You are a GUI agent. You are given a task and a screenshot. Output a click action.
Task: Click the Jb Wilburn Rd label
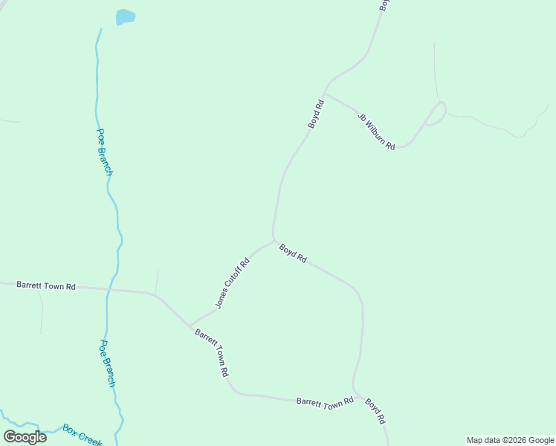pyautogui.click(x=376, y=129)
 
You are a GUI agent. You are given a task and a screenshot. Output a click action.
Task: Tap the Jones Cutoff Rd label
pyautogui.click(x=232, y=283)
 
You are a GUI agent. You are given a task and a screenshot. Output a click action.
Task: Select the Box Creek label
pyautogui.click(x=82, y=434)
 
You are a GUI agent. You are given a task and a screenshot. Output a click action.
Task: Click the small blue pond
pyautogui.click(x=126, y=16)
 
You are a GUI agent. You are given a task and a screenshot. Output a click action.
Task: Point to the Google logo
pyautogui.click(x=25, y=436)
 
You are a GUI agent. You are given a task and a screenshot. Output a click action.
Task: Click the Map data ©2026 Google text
pyautogui.click(x=510, y=440)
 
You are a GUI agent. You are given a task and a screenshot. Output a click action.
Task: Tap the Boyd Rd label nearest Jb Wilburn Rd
pyautogui.click(x=317, y=114)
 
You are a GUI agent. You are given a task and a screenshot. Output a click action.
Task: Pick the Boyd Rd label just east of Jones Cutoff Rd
pyautogui.click(x=293, y=253)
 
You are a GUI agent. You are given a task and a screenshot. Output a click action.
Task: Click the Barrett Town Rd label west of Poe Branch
pyautogui.click(x=46, y=285)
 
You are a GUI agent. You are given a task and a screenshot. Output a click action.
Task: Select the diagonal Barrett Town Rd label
pyautogui.click(x=212, y=352)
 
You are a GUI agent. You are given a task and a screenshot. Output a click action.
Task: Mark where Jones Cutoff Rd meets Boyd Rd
pyautogui.click(x=274, y=240)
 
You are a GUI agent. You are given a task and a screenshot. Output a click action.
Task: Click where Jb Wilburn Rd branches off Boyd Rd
pyautogui.click(x=325, y=94)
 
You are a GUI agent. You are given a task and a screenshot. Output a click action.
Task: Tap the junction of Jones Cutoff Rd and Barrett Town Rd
pyautogui.click(x=190, y=326)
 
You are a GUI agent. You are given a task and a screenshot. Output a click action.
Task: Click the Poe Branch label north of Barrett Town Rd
pyautogui.click(x=105, y=152)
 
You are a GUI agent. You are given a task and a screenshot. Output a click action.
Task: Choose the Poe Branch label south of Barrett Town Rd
pyautogui.click(x=108, y=363)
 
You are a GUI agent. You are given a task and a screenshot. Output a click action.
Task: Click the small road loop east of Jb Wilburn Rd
pyautogui.click(x=437, y=113)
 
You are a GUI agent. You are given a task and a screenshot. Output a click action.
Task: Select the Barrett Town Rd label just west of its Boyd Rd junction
pyautogui.click(x=325, y=402)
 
